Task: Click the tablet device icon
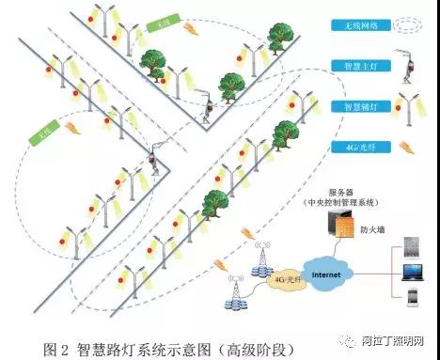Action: (x=412, y=252)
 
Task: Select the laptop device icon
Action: (x=412, y=275)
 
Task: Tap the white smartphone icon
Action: (x=412, y=300)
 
